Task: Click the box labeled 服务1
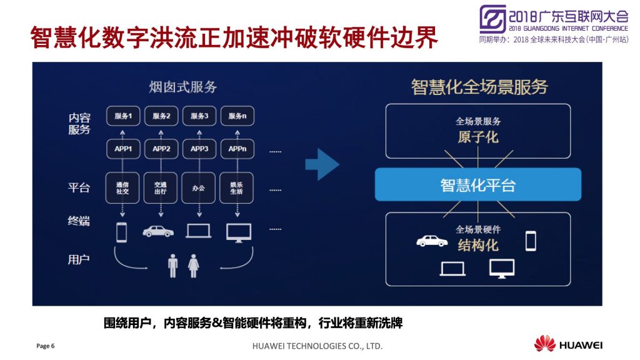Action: pos(123,116)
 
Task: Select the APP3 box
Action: pos(199,149)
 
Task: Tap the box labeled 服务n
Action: pos(237,116)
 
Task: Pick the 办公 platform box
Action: pos(198,187)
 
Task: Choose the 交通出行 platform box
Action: pos(161,187)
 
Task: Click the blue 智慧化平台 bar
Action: pos(478,184)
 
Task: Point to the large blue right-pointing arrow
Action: pos(322,164)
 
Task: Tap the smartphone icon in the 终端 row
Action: pos(122,232)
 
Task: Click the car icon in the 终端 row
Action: pos(158,231)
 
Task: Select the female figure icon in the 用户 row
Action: pos(194,266)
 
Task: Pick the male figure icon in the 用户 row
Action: pos(173,266)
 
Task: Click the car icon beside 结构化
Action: pos(432,241)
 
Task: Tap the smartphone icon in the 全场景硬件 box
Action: pos(531,241)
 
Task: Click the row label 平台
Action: pos(79,187)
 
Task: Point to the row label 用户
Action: pos(79,259)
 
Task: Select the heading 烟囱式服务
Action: pos(182,87)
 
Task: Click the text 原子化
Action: pos(478,137)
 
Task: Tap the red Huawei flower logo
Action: pos(545,343)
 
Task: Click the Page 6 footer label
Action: pos(45,346)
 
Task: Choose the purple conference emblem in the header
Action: pos(492,19)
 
